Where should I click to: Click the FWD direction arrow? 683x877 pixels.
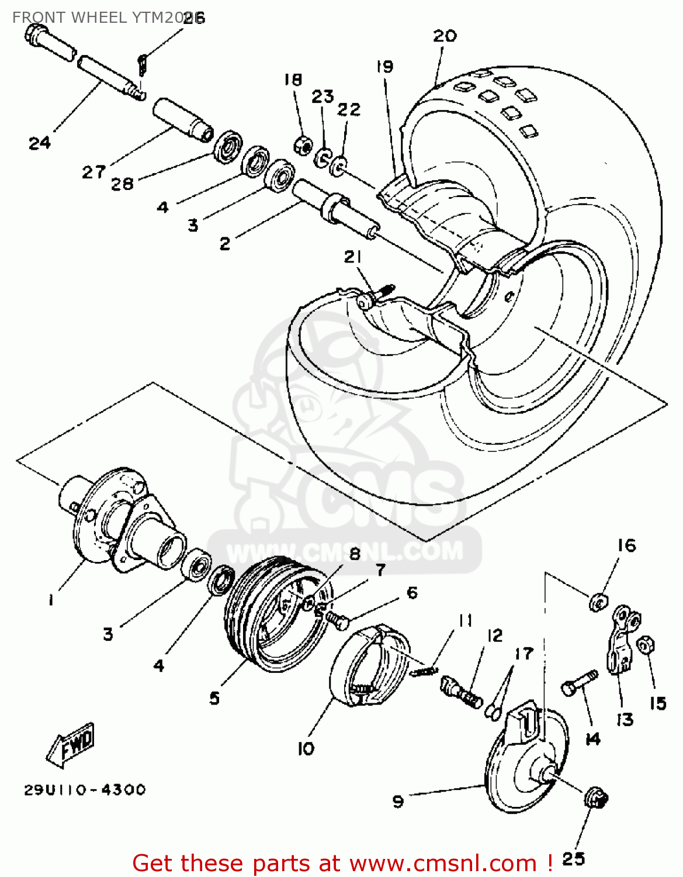(71, 745)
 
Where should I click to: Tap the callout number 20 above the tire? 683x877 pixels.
(445, 36)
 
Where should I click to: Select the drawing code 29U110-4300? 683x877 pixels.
(85, 790)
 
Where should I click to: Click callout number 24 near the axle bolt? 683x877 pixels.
(40, 143)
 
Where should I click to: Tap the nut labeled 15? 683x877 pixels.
(644, 645)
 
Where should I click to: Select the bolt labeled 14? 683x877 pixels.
(579, 683)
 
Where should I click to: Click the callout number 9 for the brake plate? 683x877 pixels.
(398, 801)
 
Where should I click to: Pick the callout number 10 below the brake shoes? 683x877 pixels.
(306, 748)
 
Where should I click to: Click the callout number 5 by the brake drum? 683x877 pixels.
(214, 698)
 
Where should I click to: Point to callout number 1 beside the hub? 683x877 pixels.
(51, 600)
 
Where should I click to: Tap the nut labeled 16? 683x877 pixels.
(598, 600)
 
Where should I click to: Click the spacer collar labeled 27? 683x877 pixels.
(183, 119)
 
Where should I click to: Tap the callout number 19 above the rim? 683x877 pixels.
(384, 67)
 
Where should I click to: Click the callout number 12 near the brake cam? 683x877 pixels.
(494, 636)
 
